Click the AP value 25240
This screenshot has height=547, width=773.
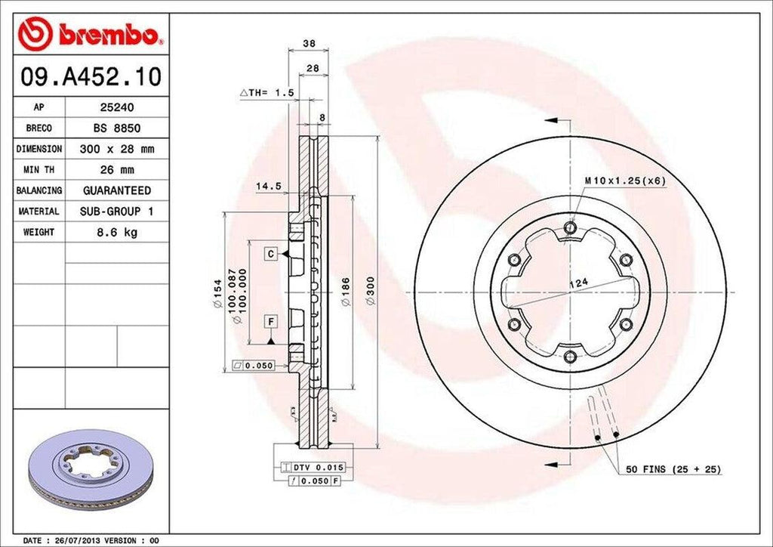coord(117,108)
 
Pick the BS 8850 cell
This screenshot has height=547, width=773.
coord(117,128)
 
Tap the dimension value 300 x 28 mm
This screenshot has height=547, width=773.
coord(117,150)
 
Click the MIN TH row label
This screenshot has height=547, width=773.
coord(38,170)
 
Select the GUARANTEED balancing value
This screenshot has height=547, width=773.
coord(117,190)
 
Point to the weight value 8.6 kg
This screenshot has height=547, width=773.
coord(117,232)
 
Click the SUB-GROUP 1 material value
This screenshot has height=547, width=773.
coord(117,212)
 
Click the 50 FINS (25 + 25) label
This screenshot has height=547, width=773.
coord(673,470)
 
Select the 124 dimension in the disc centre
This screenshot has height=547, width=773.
coord(578,283)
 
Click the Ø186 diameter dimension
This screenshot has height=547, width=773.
coord(344,292)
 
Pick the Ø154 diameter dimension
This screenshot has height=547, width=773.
coord(217,292)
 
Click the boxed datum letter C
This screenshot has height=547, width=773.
coord(269,254)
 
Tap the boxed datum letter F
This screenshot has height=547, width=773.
coord(269,323)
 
